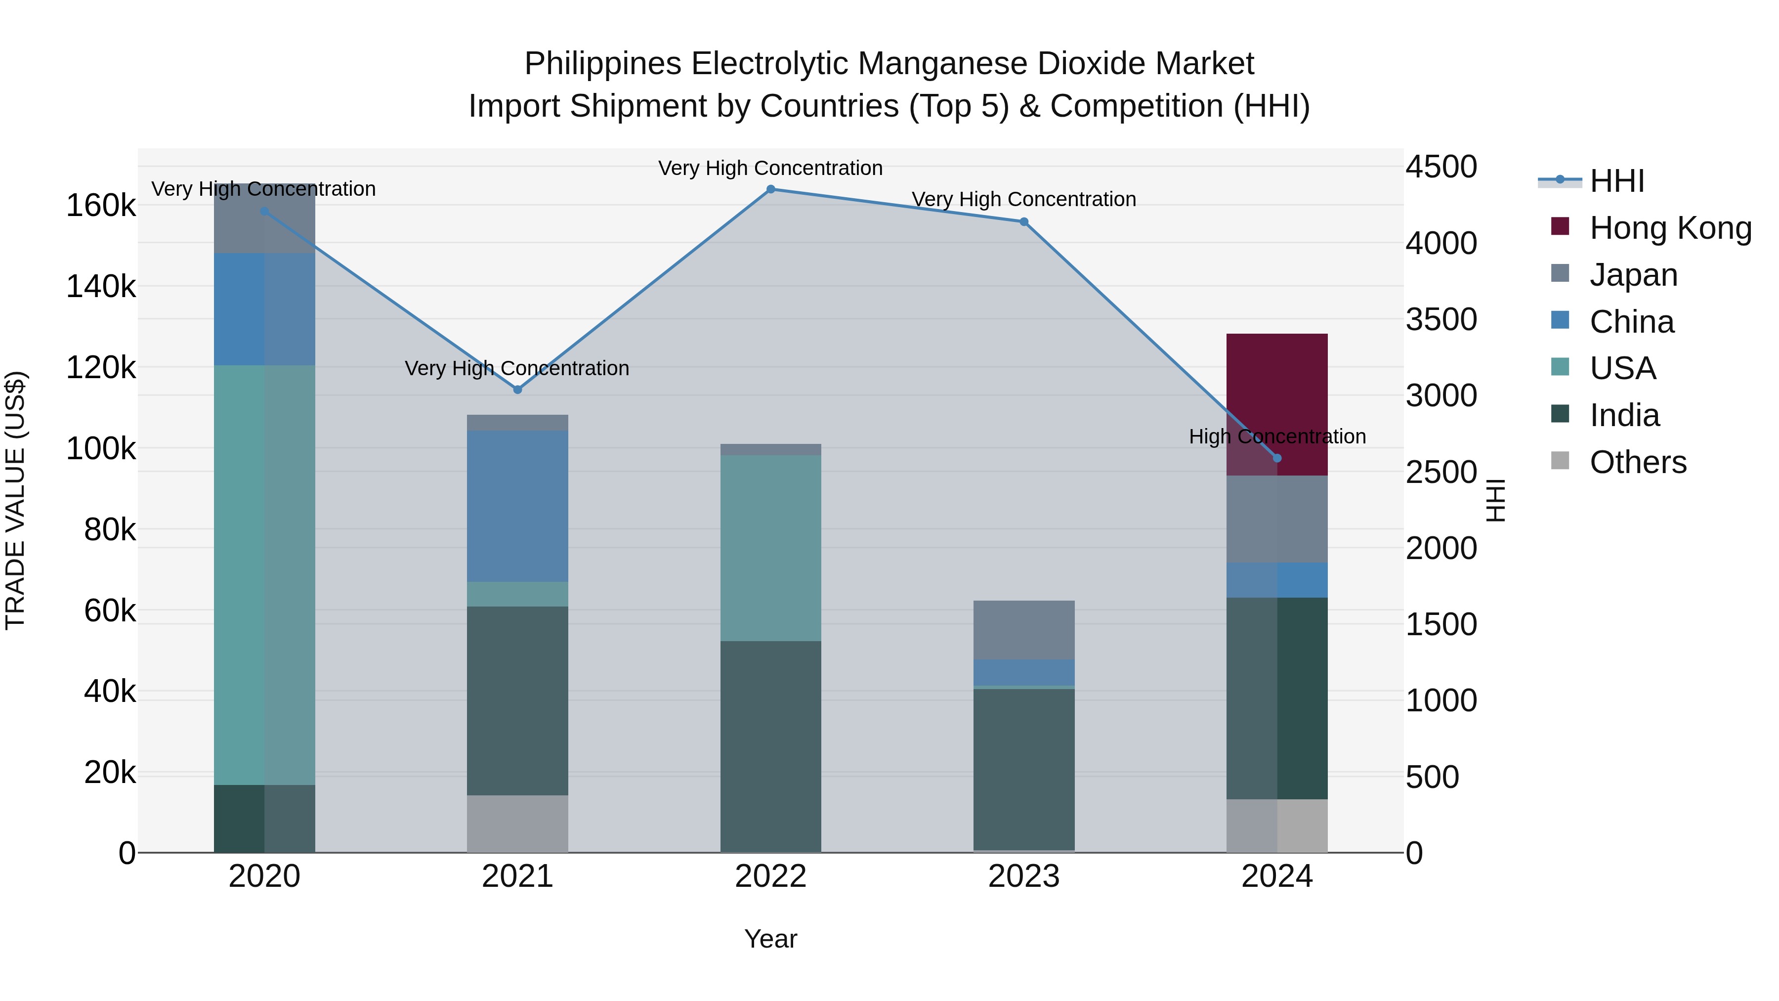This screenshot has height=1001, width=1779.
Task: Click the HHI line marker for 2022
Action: coord(771,189)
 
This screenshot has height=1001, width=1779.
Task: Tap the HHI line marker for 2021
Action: coord(518,390)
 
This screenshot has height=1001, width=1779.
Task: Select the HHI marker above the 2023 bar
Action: coord(1024,222)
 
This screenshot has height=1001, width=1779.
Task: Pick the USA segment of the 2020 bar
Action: coord(264,573)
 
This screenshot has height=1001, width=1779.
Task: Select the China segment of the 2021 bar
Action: coord(518,506)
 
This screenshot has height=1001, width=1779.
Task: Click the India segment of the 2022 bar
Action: coord(771,746)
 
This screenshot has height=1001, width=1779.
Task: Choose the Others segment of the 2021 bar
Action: coord(518,824)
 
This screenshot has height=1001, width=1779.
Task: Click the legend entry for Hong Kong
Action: coord(1670,228)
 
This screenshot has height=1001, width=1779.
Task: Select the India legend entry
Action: coord(1624,415)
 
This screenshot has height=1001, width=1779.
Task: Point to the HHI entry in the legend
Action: coord(1616,181)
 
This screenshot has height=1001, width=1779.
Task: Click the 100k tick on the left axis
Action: coord(101,449)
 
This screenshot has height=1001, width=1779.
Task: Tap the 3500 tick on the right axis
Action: coord(1441,319)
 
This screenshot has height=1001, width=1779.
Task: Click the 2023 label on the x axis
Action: coord(1024,876)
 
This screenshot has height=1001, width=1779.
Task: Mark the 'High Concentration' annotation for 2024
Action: coord(1277,436)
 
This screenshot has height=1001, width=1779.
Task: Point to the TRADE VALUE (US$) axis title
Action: coord(16,500)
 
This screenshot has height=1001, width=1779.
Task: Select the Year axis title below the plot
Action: coord(771,939)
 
